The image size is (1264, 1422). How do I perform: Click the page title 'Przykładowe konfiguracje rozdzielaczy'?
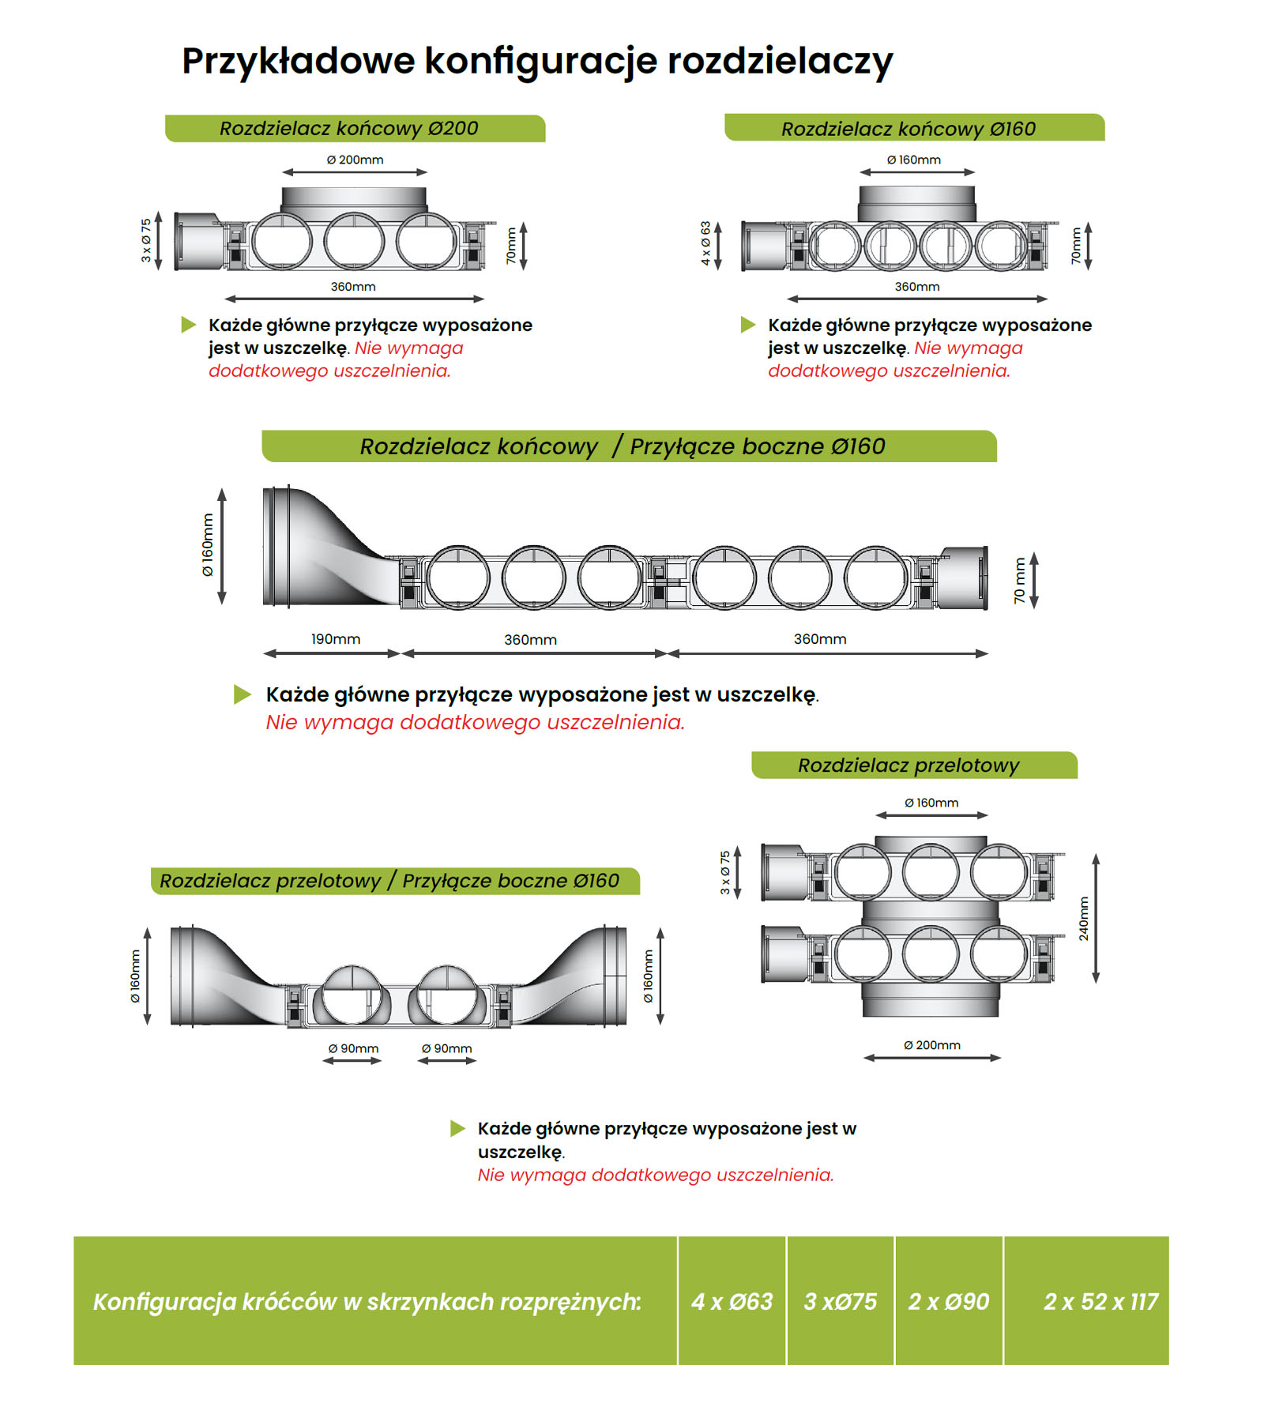tap(537, 61)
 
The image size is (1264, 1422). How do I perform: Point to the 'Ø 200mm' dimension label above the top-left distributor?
tap(355, 160)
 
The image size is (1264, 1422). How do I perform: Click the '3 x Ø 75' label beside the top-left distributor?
tap(146, 240)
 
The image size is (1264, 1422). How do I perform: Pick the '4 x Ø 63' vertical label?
tap(705, 243)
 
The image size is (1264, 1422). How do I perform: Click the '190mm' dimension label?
tap(335, 639)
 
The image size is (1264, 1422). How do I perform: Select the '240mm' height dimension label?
tap(1084, 918)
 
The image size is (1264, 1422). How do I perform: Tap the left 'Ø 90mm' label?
tap(353, 1048)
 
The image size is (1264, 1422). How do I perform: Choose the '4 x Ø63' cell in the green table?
tap(732, 1301)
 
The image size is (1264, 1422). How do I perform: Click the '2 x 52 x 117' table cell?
tap(1100, 1301)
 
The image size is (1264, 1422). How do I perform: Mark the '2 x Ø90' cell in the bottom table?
tap(948, 1301)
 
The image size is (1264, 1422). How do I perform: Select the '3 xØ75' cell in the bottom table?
tap(840, 1301)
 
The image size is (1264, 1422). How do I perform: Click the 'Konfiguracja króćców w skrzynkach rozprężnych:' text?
tap(367, 1301)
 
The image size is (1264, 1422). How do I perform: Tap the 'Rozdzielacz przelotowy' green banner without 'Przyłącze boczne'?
tap(908, 765)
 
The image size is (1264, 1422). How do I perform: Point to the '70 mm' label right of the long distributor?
tap(1020, 580)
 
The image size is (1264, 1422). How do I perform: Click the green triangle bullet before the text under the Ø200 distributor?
tap(188, 325)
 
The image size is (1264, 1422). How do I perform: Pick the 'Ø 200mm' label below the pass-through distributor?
tap(932, 1045)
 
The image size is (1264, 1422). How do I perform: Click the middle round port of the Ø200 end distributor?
tap(353, 240)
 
